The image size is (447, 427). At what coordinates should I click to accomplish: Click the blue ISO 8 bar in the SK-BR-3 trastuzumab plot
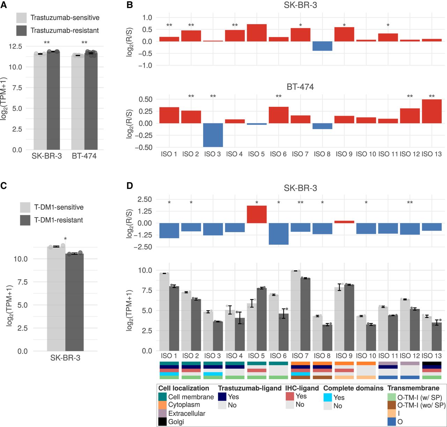[x=322, y=46]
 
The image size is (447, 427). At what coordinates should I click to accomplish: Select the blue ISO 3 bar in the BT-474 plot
[x=213, y=135]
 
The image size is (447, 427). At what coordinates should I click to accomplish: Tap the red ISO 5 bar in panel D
[x=257, y=214]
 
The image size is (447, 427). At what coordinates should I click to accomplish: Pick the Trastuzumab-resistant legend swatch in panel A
[x=22, y=30]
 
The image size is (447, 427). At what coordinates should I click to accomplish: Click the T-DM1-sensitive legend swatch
[x=25, y=207]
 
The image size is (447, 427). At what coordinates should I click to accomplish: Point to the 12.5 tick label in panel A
[x=15, y=46]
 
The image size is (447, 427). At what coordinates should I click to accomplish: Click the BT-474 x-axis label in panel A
[x=84, y=156]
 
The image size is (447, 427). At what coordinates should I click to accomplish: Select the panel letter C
[x=3, y=186]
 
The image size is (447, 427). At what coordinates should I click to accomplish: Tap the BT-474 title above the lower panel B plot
[x=300, y=87]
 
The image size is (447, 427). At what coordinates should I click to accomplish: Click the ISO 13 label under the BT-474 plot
[x=432, y=154]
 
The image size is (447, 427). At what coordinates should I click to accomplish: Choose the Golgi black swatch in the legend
[x=162, y=422]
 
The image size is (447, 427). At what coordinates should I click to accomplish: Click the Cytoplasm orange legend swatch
[x=162, y=405]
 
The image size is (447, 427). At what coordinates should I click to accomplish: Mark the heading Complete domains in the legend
[x=353, y=388]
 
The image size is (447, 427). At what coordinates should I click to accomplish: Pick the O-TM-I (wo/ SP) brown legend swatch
[x=392, y=405]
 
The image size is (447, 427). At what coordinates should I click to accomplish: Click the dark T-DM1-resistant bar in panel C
[x=74, y=302]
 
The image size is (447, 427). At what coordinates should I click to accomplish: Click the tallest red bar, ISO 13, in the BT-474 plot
[x=432, y=111]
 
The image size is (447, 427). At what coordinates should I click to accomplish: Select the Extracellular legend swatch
[x=162, y=413]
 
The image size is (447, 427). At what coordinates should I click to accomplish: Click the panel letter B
[x=130, y=5]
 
